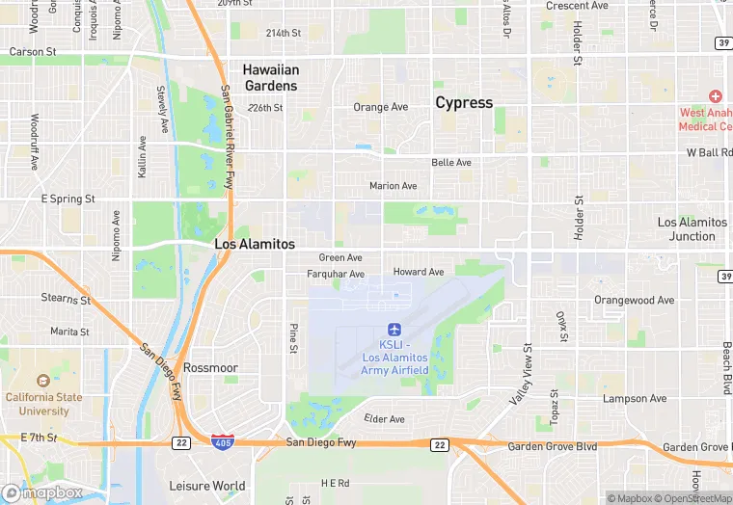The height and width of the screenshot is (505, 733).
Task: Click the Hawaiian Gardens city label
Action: click(270, 77)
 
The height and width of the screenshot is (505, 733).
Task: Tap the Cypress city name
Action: click(464, 102)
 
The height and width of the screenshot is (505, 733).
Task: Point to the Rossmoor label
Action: click(210, 367)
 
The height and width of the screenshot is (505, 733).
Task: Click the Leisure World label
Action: click(206, 486)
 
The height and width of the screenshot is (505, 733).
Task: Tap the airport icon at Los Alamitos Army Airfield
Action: click(394, 330)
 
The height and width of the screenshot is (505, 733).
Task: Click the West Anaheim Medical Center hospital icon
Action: click(715, 96)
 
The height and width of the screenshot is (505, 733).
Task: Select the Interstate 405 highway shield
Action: click(221, 441)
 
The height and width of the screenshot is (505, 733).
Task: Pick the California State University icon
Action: click(43, 382)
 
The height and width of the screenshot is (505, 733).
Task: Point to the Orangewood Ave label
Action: click(634, 300)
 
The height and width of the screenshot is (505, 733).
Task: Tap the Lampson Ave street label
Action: click(634, 398)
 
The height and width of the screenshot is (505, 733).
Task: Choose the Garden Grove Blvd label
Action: click(553, 447)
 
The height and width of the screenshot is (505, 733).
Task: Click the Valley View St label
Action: click(521, 375)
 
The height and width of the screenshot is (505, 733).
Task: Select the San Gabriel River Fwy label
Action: click(228, 135)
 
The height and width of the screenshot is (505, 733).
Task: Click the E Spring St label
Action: click(68, 199)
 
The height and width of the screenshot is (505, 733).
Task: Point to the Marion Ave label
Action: click(394, 186)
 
